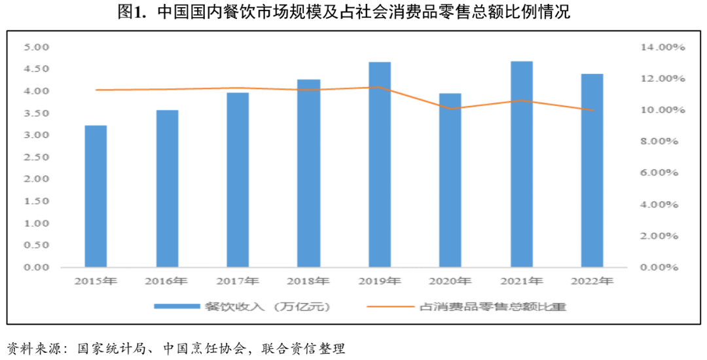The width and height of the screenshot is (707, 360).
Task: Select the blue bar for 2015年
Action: tap(96, 196)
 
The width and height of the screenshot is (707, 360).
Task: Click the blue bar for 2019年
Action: tap(380, 164)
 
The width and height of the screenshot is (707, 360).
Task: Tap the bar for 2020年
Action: tap(450, 180)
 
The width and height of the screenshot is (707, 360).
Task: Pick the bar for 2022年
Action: tap(592, 170)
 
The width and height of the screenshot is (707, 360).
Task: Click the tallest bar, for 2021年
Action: tap(522, 164)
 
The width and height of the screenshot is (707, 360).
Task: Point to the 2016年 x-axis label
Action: tap(166, 281)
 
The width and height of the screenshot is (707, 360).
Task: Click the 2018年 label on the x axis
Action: tap(308, 281)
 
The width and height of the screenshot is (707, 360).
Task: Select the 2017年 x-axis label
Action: tap(237, 281)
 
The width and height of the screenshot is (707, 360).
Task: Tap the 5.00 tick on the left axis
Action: tap(37, 47)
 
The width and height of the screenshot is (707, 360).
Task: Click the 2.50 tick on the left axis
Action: tap(37, 157)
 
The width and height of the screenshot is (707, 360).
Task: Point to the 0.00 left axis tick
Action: tap(37, 267)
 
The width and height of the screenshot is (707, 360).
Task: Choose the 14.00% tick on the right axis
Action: tap(662, 47)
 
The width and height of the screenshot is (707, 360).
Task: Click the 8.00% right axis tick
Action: tap(659, 141)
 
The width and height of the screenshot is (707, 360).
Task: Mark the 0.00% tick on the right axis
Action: tap(659, 267)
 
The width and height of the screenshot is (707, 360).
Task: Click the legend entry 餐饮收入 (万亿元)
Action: tap(242, 306)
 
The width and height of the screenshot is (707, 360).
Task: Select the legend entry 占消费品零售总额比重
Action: tap(467, 306)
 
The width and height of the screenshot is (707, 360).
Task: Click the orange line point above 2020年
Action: tap(450, 109)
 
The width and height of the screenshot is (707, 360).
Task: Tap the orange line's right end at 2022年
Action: tap(592, 110)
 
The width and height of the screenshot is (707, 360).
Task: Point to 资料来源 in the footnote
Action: tap(34, 348)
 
